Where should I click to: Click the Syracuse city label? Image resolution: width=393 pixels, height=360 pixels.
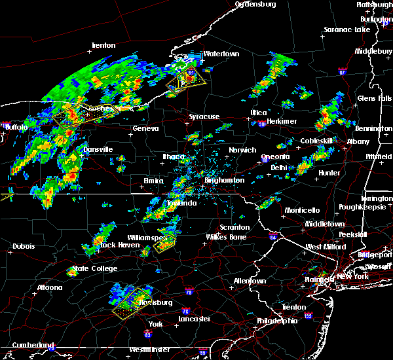204,117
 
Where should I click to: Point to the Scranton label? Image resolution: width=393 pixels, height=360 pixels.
234,227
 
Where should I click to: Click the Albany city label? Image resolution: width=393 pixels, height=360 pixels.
358,141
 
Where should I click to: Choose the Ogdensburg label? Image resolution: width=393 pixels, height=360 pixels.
256,4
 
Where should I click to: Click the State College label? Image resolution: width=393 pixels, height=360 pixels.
96,268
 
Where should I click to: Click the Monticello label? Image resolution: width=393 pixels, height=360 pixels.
301,210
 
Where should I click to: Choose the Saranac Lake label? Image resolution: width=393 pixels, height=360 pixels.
348,29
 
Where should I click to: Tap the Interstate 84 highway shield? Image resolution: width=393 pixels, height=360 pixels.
272,237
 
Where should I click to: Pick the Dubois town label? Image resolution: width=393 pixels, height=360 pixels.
23,246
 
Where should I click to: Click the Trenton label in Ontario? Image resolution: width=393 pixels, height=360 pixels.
103,45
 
